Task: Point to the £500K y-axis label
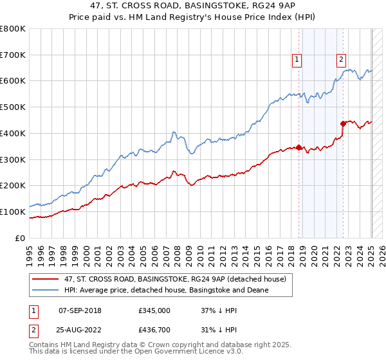13,107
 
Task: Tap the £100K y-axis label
13,212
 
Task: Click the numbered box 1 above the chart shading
297,60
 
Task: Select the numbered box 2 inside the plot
341,60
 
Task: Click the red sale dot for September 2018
299,148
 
